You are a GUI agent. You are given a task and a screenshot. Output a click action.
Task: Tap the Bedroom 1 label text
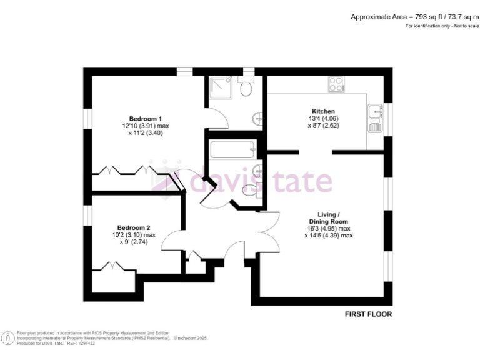point(146,119)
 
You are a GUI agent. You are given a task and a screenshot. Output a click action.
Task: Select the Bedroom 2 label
point(134,228)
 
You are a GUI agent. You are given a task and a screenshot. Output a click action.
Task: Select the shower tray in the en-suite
point(221,87)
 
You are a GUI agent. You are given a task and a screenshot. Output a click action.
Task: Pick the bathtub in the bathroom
point(232,150)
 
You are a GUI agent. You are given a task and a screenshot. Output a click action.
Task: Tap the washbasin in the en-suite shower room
point(257,117)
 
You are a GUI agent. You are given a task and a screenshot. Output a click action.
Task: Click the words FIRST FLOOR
point(369,314)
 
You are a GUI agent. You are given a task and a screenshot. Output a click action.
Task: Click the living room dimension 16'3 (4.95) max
point(329,229)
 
